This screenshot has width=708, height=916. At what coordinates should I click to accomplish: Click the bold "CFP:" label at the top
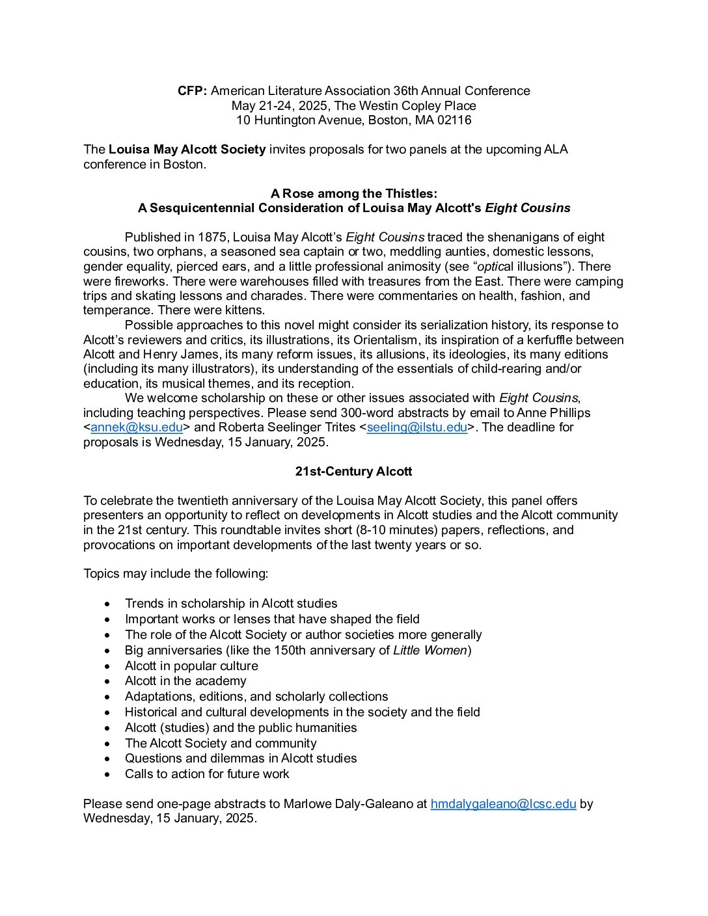192,91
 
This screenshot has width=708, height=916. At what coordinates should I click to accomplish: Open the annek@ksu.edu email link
137,427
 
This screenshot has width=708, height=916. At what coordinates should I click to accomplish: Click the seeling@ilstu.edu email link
416,427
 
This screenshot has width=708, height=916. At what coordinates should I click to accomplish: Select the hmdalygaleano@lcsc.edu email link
503,804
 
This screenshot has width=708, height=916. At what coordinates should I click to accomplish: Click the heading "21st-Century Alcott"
353,472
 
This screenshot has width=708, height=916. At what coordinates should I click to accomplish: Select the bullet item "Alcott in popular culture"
191,666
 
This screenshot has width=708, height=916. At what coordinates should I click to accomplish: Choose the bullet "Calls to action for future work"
207,774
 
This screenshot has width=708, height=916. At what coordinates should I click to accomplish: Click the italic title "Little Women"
430,651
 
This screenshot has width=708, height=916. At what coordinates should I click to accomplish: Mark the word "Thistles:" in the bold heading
411,194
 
